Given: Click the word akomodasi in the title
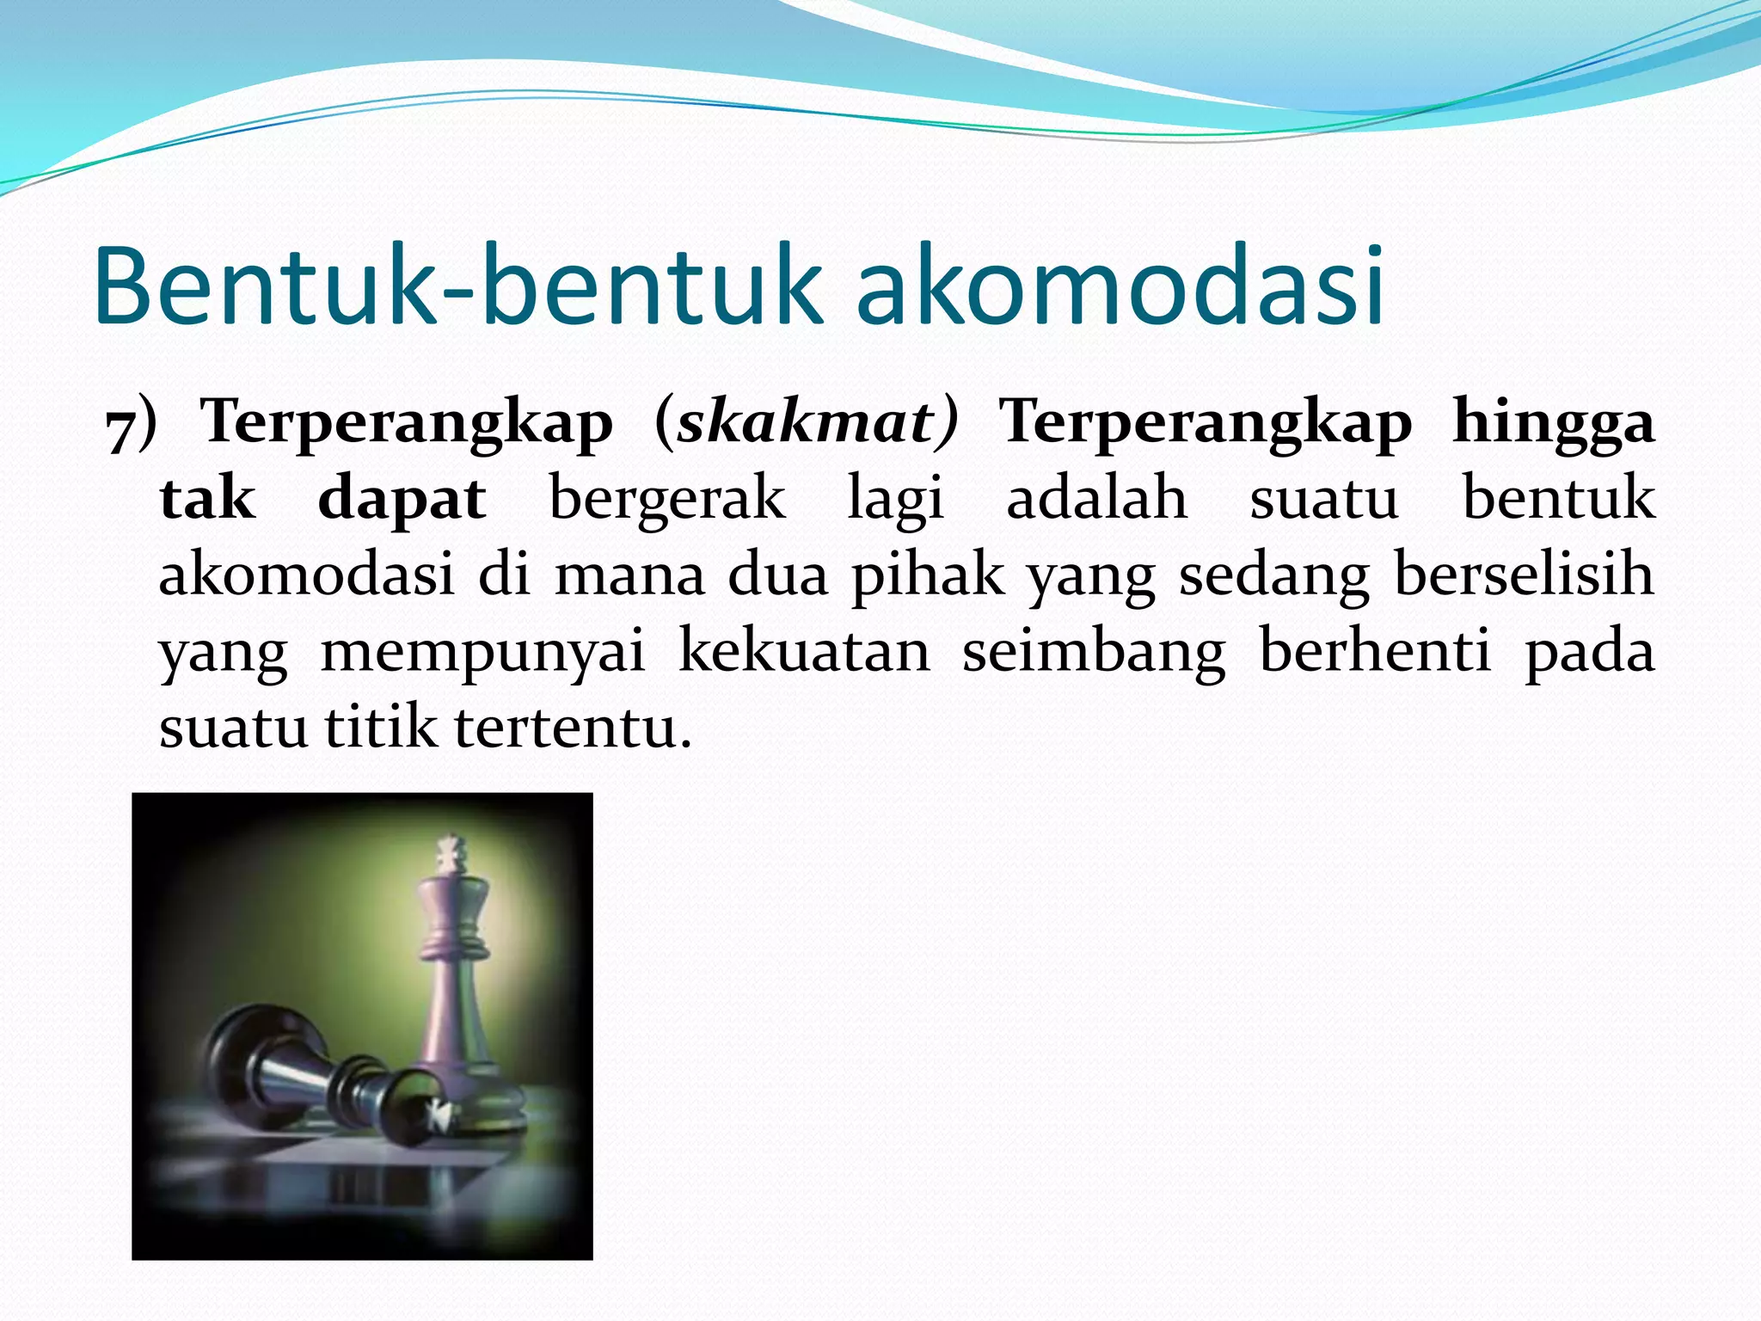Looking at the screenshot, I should point(1120,286).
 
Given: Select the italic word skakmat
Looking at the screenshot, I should point(806,423).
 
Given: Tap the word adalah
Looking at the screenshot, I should point(1097,499).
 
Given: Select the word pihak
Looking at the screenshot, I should point(928,576).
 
